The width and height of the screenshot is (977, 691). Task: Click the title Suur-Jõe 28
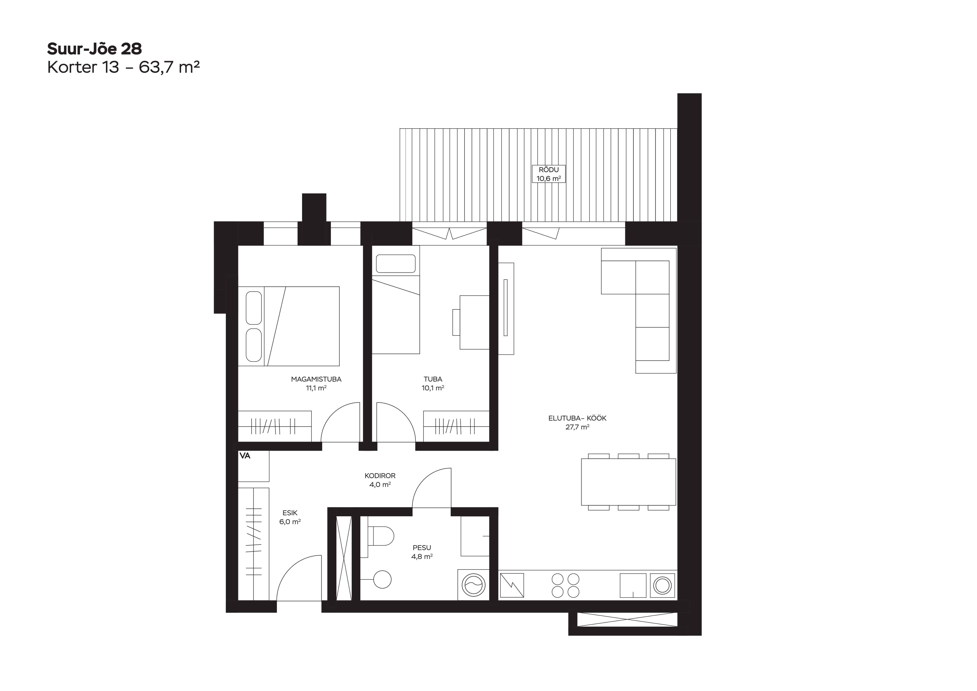(x=95, y=49)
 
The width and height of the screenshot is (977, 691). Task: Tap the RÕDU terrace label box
(x=548, y=174)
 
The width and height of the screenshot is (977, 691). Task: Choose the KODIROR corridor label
(x=380, y=480)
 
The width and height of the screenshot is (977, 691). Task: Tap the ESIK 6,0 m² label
(x=290, y=517)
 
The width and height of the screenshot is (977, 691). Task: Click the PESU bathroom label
(x=422, y=552)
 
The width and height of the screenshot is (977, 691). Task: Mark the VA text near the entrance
(x=245, y=456)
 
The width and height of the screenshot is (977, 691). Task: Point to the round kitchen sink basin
(x=662, y=585)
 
